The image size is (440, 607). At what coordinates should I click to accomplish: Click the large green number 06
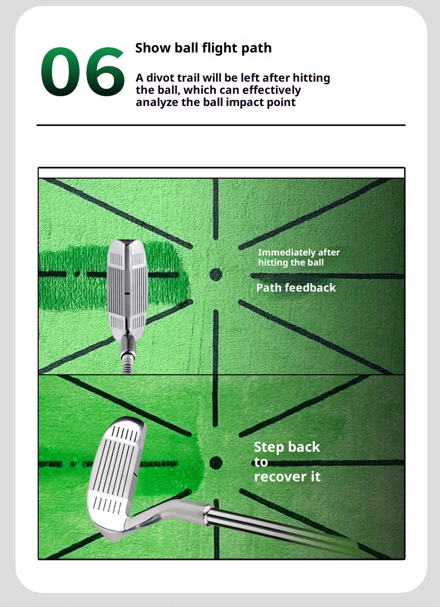(82, 73)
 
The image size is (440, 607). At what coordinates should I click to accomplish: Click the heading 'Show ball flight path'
(203, 48)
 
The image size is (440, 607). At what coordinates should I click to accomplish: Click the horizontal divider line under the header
(221, 125)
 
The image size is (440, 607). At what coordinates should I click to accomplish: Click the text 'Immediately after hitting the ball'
(298, 257)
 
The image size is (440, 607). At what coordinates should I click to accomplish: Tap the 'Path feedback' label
(296, 288)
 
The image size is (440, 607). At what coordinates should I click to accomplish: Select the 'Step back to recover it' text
(287, 462)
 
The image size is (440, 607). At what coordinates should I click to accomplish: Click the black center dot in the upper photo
(215, 275)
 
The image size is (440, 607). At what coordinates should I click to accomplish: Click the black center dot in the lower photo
(215, 463)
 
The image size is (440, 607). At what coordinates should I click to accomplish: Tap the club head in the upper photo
(127, 289)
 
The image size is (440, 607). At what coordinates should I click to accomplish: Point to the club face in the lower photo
(117, 467)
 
